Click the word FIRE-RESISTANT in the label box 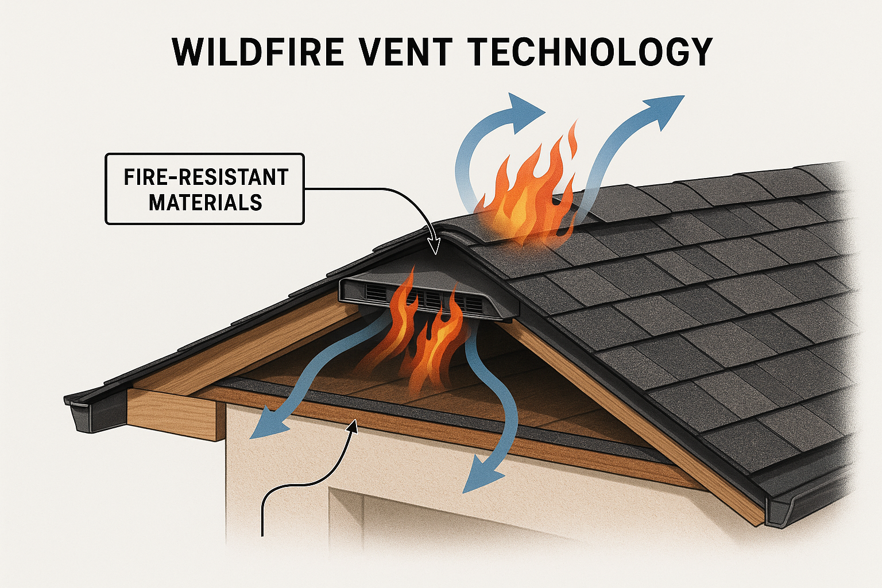point(206,177)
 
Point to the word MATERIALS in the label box point(206,203)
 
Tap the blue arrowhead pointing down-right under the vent point(479,479)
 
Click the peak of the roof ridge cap point(443,230)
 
